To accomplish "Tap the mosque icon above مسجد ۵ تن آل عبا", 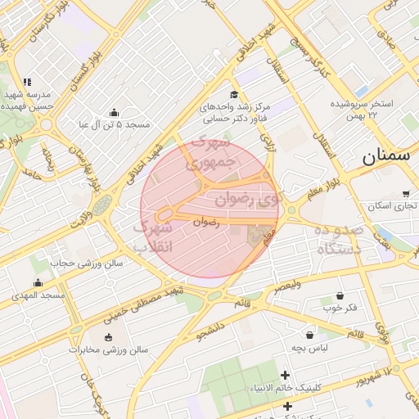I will point(113,112).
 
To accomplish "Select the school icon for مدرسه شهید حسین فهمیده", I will point(27,82).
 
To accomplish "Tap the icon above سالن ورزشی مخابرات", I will point(108,337).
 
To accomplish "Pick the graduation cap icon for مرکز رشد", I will point(234,94).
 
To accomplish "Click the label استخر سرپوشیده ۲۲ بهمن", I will point(362,110).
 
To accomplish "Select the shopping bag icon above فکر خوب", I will point(340,295).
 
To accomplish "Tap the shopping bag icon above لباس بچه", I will point(309,335).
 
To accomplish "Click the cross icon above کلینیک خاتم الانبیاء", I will point(286,374).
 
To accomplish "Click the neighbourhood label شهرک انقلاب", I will point(151,236).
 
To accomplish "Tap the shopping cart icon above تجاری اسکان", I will point(406,194).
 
